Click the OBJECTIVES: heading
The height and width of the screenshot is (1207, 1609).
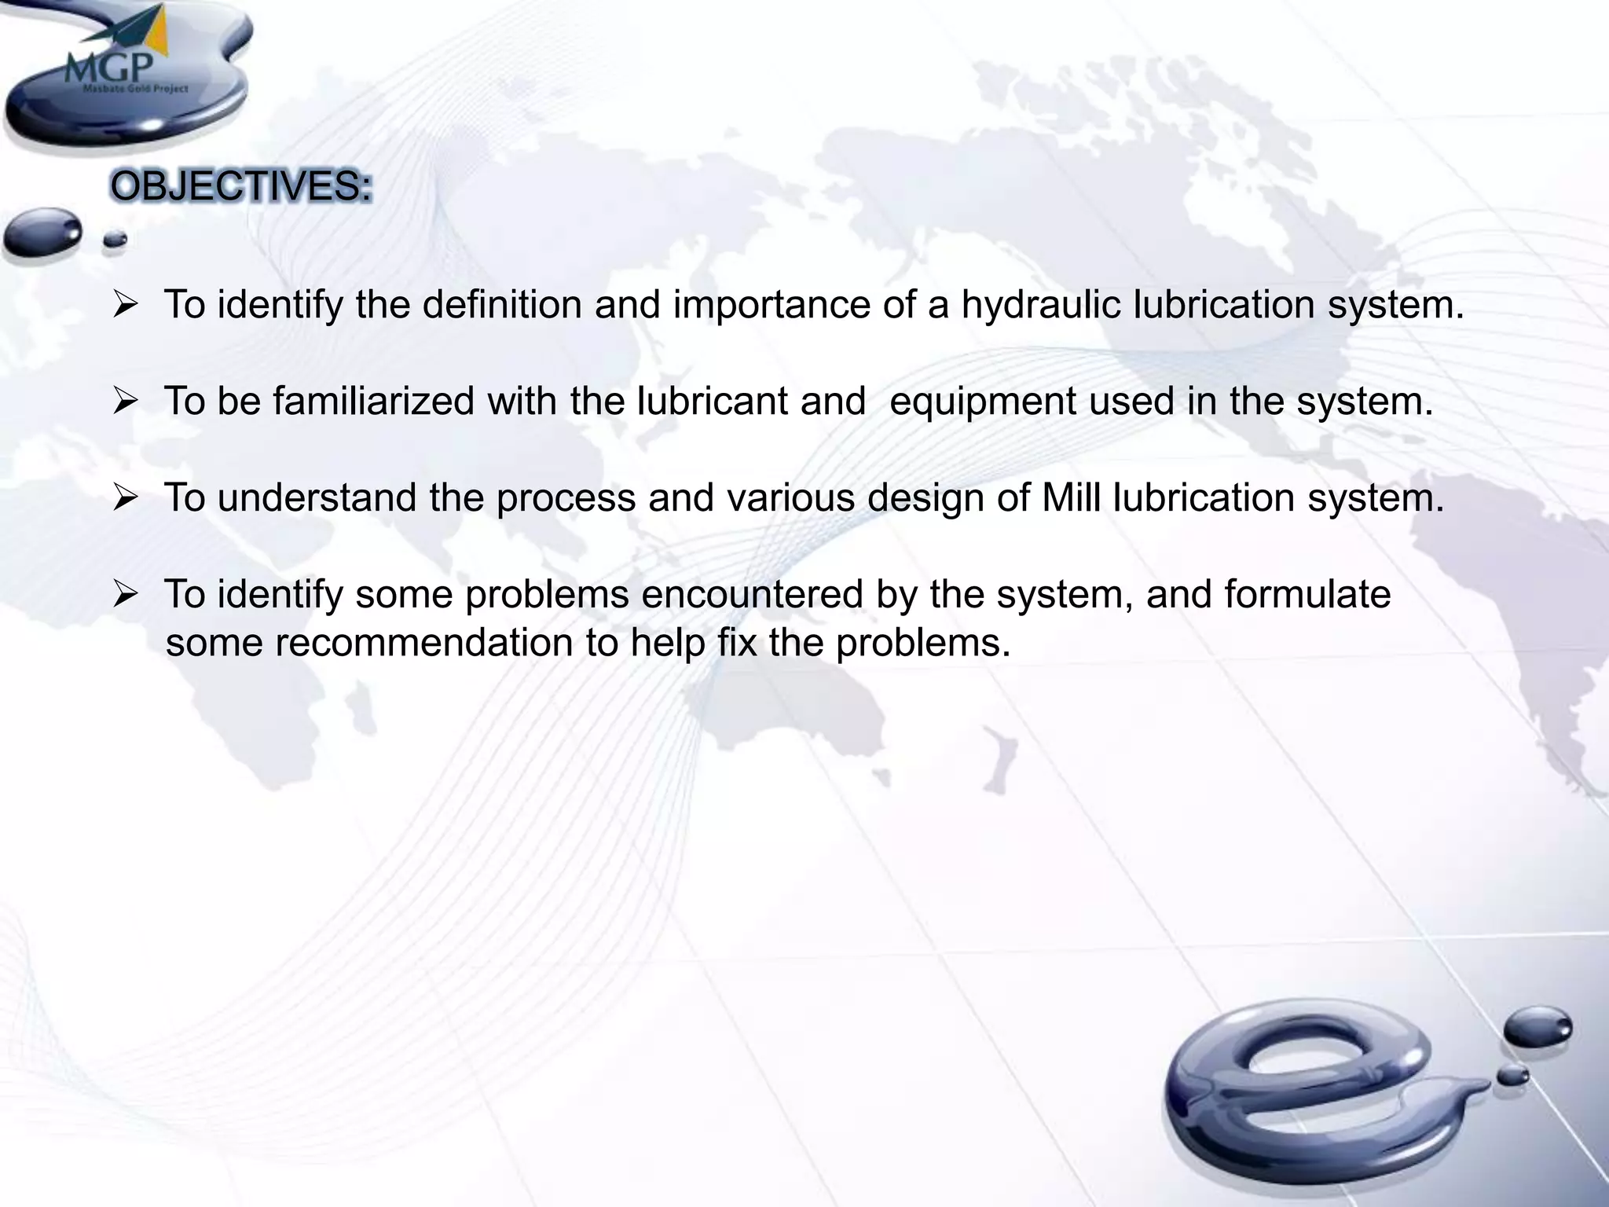(240, 188)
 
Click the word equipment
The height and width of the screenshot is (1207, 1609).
(982, 402)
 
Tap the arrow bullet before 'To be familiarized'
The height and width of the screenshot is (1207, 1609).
(126, 402)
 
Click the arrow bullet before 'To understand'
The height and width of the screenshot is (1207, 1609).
(126, 499)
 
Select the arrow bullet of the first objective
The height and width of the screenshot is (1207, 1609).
(126, 306)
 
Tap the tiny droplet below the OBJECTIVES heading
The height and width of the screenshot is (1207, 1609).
(115, 240)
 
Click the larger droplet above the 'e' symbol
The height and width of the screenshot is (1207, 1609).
(1538, 1028)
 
